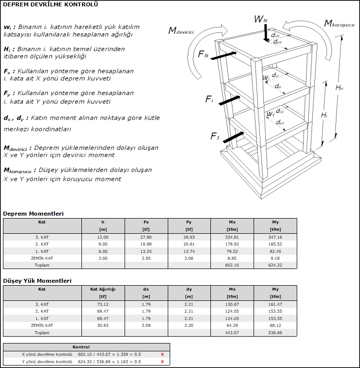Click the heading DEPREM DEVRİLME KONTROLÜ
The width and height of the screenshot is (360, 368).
coord(51,5)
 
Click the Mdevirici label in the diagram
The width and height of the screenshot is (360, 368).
coord(181,31)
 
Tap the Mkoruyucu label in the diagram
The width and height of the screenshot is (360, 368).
coord(339,23)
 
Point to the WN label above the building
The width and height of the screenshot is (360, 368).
coord(260,19)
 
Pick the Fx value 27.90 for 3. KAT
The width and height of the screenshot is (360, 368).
coord(146,237)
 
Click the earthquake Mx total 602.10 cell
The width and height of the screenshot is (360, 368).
coord(231,265)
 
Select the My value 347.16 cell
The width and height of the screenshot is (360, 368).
coord(275,237)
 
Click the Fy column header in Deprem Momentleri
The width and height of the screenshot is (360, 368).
coord(189,222)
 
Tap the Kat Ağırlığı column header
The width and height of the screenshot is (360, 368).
coord(103,289)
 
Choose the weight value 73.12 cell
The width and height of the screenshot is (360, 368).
coord(103,304)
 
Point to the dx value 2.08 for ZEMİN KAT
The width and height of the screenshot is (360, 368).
coord(146,325)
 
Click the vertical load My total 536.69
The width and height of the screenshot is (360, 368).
coord(275,332)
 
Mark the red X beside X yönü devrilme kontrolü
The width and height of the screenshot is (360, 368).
coord(162,354)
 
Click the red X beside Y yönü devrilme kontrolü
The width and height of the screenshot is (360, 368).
coord(162,362)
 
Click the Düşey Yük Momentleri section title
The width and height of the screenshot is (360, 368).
coord(37,281)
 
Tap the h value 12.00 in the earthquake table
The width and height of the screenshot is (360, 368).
coord(103,237)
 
